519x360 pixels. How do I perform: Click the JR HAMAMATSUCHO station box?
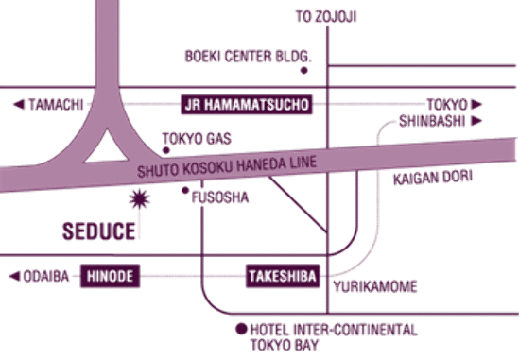(247, 105)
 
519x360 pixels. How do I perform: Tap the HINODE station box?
(111, 276)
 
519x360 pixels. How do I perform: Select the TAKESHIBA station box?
(283, 276)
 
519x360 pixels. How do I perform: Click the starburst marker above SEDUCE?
(139, 199)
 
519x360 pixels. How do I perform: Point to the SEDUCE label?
(99, 231)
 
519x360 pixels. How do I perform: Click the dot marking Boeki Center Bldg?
(303, 70)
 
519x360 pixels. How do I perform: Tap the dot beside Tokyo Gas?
(166, 150)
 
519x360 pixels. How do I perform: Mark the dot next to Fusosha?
(185, 190)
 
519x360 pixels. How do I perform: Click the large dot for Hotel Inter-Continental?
(242, 329)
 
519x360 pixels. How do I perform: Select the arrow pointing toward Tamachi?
(19, 104)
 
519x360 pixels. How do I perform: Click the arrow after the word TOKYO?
(476, 104)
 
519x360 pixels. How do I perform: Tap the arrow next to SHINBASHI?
(476, 121)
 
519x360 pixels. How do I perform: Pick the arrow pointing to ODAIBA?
(14, 276)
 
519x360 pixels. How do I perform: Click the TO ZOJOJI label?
(326, 17)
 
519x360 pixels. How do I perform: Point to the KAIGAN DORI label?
(433, 178)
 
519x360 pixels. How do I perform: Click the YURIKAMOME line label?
(375, 286)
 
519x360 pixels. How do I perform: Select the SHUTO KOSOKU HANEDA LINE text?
(227, 167)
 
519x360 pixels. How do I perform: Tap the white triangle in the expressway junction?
(107, 147)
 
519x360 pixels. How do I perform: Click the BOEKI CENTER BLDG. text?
(249, 57)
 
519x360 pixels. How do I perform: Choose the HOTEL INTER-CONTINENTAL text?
(334, 330)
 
